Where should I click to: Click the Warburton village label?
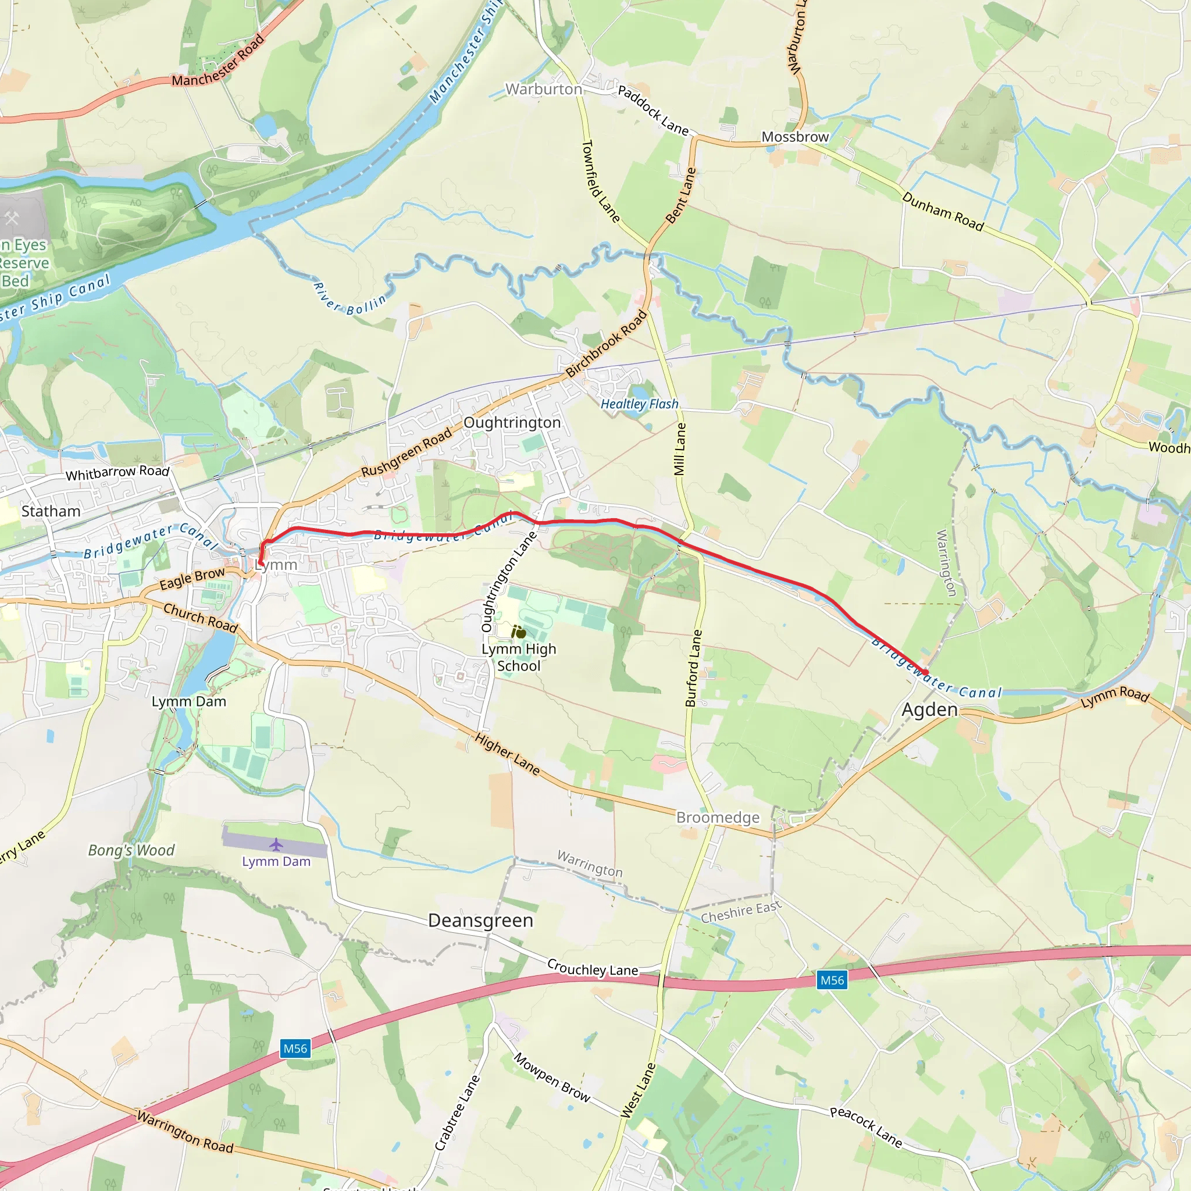point(544,90)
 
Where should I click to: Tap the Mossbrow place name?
point(794,137)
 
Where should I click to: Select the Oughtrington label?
point(512,422)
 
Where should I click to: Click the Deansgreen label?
point(480,921)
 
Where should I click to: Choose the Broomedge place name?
point(718,818)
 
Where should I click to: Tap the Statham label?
point(51,511)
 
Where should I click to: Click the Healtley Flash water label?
point(639,404)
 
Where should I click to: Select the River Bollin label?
point(349,299)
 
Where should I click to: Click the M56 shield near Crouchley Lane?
point(832,980)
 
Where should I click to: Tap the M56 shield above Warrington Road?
point(295,1049)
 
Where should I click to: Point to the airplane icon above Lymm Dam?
point(276,844)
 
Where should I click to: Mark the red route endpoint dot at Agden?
point(925,673)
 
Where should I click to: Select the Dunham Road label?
point(943,211)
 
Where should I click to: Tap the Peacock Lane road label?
point(865,1128)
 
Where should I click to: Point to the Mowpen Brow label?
point(552,1077)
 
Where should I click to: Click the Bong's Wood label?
point(131,850)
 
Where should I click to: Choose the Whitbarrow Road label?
point(117,473)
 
